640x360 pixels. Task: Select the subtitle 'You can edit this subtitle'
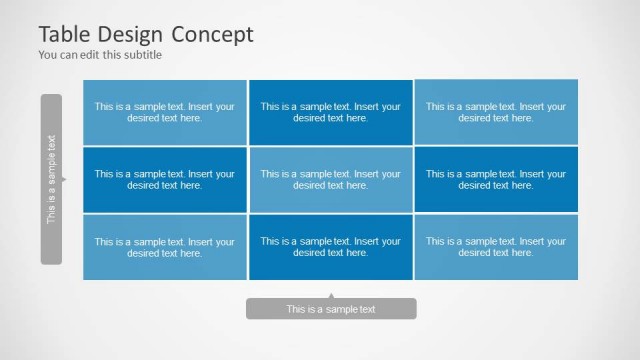click(99, 55)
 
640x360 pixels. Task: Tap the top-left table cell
click(165, 112)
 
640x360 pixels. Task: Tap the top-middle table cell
click(331, 112)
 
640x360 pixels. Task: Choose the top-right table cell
click(496, 112)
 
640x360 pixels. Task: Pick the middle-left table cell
click(165, 179)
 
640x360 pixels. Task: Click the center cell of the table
click(331, 179)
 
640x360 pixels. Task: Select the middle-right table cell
click(496, 179)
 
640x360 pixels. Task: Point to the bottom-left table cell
click(165, 247)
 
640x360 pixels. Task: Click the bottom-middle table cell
click(331, 247)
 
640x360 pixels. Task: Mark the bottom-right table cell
click(496, 247)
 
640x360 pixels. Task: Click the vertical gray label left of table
click(51, 179)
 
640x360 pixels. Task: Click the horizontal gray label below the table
click(331, 309)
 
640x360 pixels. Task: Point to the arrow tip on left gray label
click(65, 180)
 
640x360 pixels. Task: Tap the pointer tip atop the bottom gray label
click(331, 296)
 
